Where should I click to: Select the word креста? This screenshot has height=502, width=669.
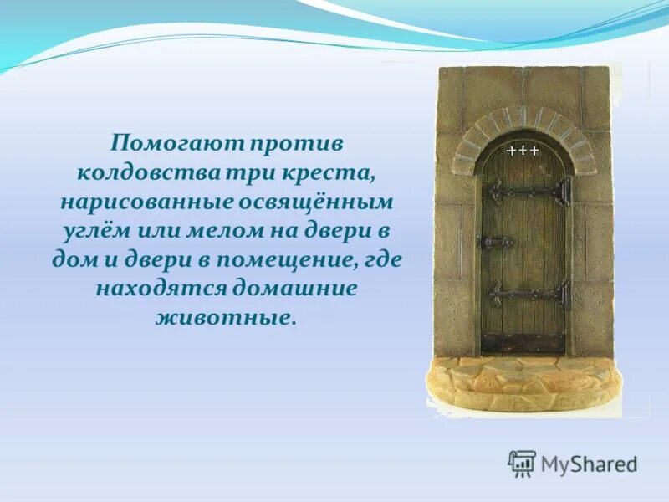(x=334, y=172)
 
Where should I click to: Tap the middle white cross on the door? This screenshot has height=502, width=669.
(x=523, y=151)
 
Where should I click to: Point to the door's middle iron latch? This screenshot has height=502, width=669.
(x=495, y=243)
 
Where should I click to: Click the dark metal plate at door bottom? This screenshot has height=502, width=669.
(x=524, y=342)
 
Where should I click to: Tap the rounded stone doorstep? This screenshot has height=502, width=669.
(x=523, y=381)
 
